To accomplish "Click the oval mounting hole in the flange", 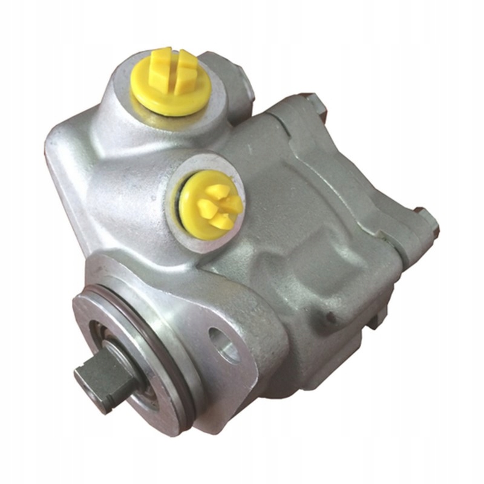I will (223, 344).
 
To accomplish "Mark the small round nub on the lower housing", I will (330, 316).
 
